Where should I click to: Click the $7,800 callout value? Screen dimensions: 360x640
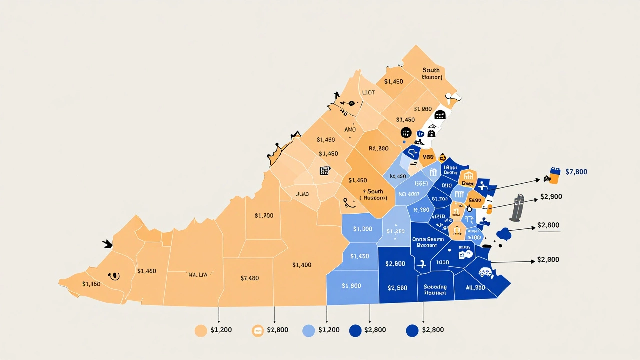tap(576, 172)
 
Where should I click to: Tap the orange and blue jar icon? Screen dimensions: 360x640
tap(554, 174)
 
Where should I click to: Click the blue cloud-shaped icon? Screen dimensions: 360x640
tap(504, 233)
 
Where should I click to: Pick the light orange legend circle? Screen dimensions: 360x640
tap(200, 330)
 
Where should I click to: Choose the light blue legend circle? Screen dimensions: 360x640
tap(309, 330)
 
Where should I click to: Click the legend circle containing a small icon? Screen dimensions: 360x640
tap(258, 330)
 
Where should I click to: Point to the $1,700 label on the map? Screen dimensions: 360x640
tap(264, 216)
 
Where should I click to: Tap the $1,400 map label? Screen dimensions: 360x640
tap(302, 265)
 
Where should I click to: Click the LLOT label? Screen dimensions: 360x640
tap(368, 93)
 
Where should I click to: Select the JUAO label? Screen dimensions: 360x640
tap(302, 194)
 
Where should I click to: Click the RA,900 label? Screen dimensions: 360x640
tap(378, 148)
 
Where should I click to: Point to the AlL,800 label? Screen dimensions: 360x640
tap(475, 288)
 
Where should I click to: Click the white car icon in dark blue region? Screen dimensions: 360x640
tap(485, 272)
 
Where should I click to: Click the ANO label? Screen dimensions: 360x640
tap(350, 129)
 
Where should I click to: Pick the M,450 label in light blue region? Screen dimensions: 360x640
tap(397, 176)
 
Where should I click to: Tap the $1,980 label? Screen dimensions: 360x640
tap(423, 109)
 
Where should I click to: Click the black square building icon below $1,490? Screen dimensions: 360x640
tap(325, 171)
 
